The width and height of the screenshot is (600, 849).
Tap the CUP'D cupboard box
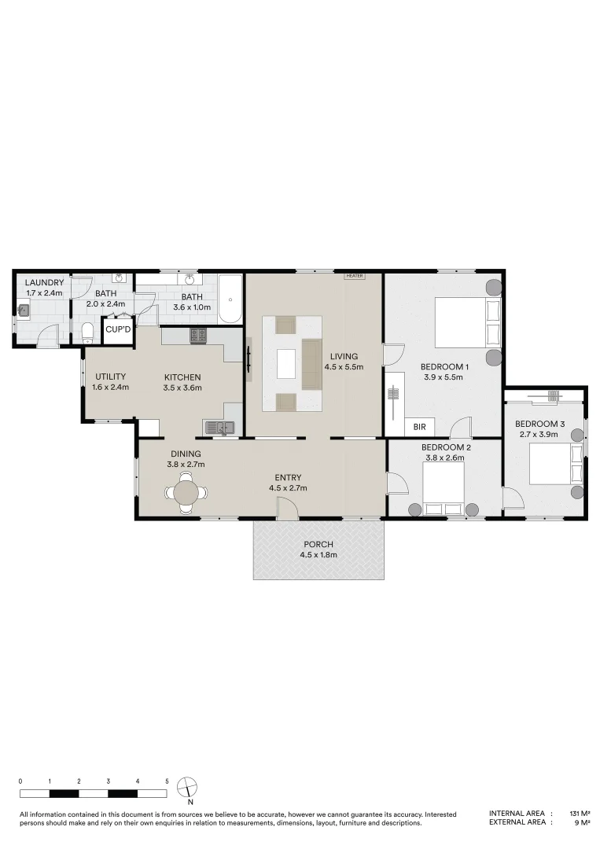118,329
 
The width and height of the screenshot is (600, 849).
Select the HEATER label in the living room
354,276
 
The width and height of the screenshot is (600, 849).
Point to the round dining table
187,493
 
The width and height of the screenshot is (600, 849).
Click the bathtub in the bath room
230,299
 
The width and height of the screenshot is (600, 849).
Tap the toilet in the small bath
88,332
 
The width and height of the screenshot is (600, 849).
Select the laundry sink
24,311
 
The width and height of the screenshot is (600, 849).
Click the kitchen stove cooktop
197,336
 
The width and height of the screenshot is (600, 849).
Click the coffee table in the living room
285,363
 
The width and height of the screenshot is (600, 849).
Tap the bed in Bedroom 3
554,464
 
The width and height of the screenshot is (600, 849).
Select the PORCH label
318,545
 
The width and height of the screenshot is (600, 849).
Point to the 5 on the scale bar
167,781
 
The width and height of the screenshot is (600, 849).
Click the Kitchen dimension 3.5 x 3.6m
182,387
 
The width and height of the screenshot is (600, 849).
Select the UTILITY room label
110,377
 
